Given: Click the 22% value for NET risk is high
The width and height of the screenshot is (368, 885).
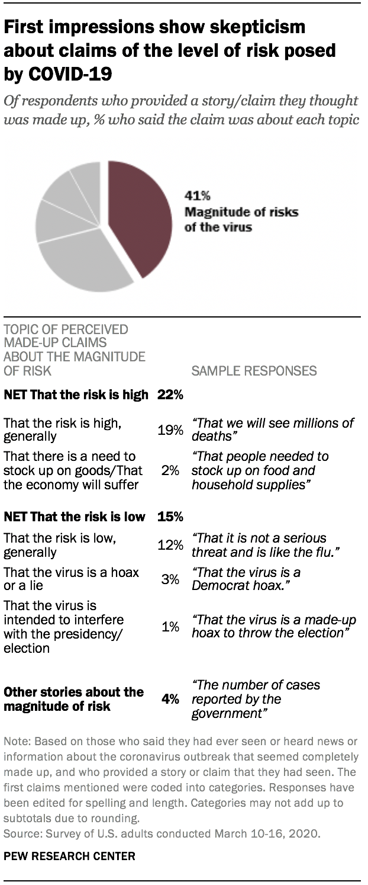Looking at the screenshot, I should point(170,395).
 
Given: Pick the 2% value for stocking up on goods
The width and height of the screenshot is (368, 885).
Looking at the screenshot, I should point(171,470).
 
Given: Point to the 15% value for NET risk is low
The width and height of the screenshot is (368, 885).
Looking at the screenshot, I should point(170,517).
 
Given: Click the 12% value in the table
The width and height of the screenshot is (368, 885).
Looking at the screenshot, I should point(170,545).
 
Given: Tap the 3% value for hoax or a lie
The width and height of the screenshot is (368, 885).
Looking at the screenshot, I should point(171,579).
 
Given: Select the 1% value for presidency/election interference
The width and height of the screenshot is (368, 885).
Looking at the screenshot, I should point(171,626).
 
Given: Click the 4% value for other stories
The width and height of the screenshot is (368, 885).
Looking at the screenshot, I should point(170,700).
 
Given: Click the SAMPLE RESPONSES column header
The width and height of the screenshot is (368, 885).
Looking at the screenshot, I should point(254,371).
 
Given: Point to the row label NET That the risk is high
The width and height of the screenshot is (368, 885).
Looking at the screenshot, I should point(76,395).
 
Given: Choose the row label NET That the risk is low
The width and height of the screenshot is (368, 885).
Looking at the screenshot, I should point(75,517).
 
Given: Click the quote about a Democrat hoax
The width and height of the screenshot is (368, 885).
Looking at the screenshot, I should point(246,579).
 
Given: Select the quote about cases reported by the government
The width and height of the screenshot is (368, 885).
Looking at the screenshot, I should point(256,700).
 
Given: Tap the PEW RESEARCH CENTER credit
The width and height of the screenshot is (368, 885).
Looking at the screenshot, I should point(69,856).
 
